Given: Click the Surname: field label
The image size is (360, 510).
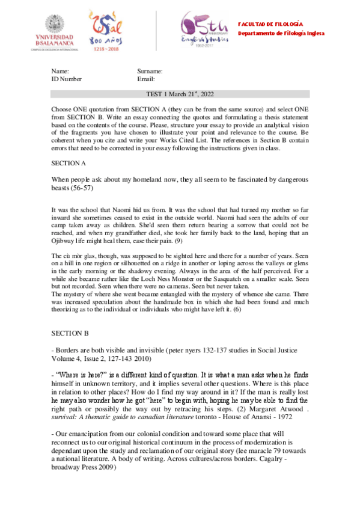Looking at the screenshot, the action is pyautogui.click(x=150, y=71).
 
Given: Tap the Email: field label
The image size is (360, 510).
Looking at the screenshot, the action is pyautogui.click(x=146, y=79).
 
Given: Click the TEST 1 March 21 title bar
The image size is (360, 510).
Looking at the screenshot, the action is pyautogui.click(x=180, y=94).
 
